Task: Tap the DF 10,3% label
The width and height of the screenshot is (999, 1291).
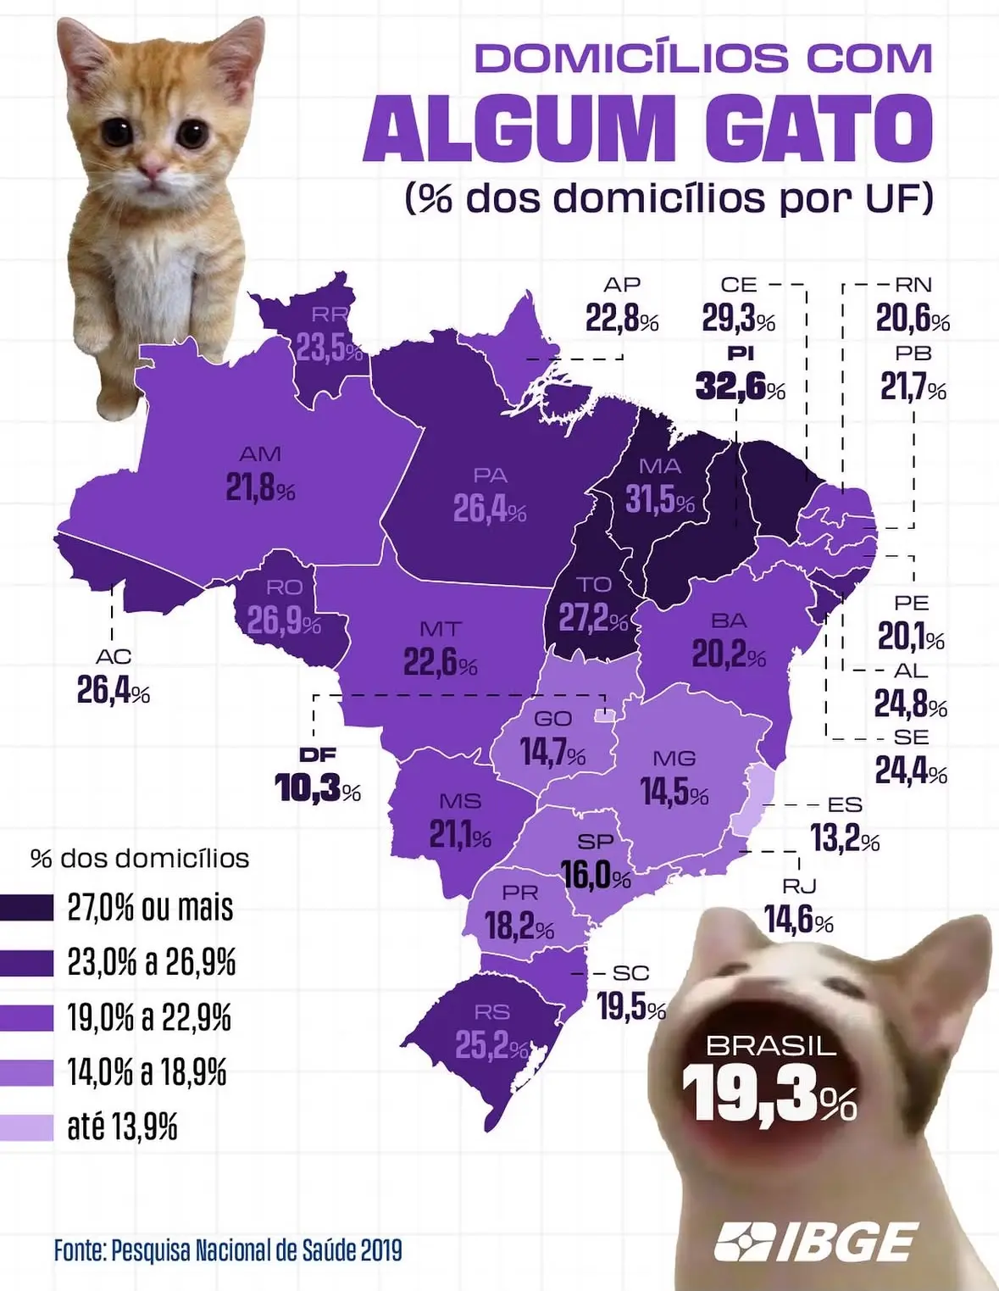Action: click(318, 774)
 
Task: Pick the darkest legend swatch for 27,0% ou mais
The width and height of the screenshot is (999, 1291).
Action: click(27, 908)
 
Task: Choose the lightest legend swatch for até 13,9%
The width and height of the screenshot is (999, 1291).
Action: click(27, 1127)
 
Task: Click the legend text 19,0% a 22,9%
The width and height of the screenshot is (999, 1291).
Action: click(149, 1018)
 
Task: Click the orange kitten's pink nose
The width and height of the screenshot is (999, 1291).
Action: click(152, 169)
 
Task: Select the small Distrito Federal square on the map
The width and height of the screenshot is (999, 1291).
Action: click(605, 715)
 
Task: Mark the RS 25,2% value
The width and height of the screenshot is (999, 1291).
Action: click(491, 1045)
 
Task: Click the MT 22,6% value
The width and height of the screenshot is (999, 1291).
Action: click(441, 661)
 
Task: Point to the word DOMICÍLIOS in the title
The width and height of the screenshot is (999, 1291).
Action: click(633, 58)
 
